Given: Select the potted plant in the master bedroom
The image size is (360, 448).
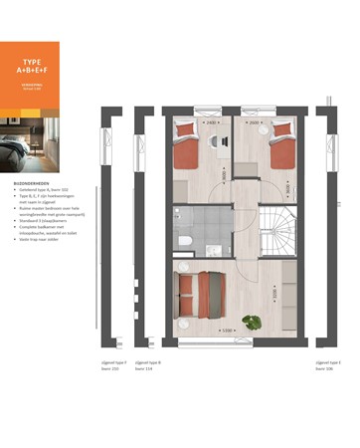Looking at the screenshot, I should (x=252, y=321).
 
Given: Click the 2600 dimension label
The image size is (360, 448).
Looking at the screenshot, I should (x=257, y=123).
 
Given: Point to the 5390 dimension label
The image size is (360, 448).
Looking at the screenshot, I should (x=228, y=331).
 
